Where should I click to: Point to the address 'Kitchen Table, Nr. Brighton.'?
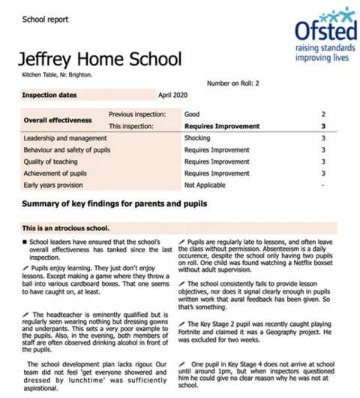(x=53, y=74)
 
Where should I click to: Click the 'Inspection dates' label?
(x=49, y=95)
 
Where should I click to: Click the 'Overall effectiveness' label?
(x=58, y=120)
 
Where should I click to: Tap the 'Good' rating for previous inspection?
(x=193, y=113)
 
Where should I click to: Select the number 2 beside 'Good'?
(x=322, y=113)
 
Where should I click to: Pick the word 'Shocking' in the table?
(x=198, y=138)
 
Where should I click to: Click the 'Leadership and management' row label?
(x=66, y=138)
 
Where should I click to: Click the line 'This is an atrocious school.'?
(x=66, y=228)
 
